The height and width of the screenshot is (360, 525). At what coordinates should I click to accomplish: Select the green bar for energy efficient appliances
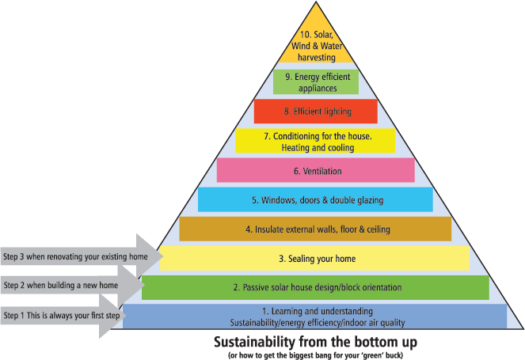coord(315,82)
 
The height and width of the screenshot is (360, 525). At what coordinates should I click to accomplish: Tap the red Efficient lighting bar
coord(315,112)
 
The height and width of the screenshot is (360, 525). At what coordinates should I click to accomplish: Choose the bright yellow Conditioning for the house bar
coord(315,141)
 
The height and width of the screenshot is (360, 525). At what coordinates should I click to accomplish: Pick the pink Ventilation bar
coord(315,170)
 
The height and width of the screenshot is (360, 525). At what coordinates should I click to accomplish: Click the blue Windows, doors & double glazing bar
coord(315,199)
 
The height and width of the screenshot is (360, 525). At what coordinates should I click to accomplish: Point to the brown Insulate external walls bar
coord(315,229)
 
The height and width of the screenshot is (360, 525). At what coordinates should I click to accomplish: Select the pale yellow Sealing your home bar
coord(315,259)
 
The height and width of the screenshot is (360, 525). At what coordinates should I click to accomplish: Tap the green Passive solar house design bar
coord(315,287)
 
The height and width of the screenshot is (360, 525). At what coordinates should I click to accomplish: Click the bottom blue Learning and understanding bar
coord(315,316)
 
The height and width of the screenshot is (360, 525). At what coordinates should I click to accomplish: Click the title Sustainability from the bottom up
coord(315,342)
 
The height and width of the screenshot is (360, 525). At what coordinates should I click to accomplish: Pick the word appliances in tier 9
coord(315,88)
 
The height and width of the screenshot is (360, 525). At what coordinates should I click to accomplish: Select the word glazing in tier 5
coord(369,199)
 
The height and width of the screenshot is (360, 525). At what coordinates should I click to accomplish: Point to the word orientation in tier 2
coord(382,287)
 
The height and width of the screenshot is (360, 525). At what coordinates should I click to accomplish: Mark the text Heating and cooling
coord(315,147)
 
